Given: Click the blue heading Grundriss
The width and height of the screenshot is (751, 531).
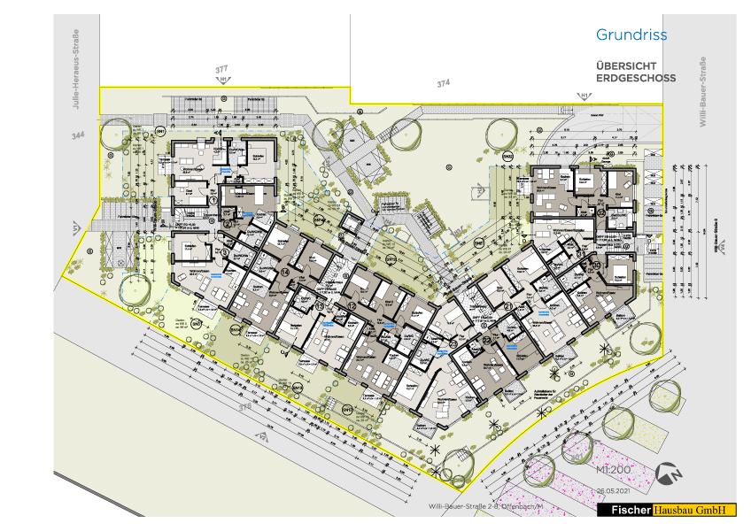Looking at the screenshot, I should point(631,35).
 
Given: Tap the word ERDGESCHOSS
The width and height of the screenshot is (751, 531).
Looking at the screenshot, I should point(636,78).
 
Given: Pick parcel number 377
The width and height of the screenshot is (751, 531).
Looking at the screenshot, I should point(222,68).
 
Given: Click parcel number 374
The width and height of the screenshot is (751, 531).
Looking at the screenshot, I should point(443,83).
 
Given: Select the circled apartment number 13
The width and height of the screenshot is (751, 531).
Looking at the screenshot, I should point(319,306).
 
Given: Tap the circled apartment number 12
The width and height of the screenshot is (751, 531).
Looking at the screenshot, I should point(352,305).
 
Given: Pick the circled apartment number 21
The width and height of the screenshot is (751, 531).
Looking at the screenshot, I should point(508,306).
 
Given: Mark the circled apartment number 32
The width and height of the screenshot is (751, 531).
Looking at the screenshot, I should point(600,213).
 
